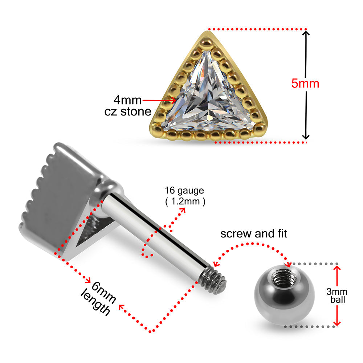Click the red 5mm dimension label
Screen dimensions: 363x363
305,83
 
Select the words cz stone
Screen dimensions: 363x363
127,111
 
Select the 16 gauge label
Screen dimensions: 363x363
184,190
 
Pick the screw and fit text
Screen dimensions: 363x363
254,233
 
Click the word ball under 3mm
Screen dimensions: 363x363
338,300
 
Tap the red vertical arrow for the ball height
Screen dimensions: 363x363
338,296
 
